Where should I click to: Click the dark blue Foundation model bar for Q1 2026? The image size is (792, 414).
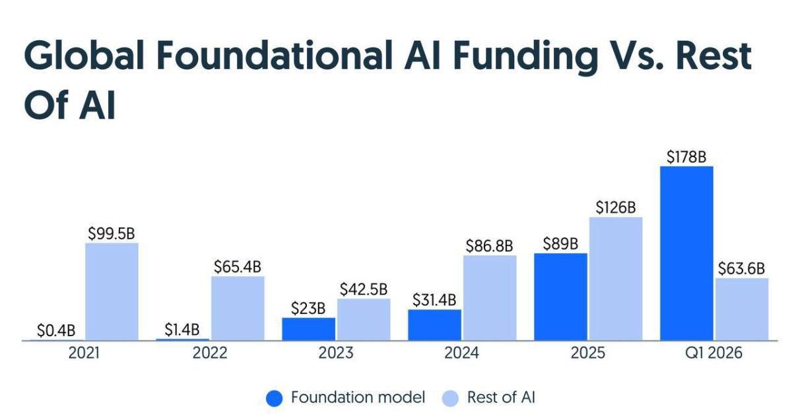[x=686, y=253]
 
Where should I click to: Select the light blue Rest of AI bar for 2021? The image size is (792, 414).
[x=112, y=291]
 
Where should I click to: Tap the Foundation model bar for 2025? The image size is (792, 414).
[x=560, y=297]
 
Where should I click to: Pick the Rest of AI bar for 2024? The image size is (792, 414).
[x=490, y=297]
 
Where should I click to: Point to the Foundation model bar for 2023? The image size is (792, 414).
[x=308, y=329]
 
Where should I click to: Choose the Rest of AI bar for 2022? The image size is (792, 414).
[x=238, y=308]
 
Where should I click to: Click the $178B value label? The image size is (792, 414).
[x=686, y=157]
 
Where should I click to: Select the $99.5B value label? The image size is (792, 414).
[x=112, y=233]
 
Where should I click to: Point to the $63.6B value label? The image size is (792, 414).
[x=741, y=268]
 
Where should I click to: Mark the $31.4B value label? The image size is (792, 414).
[x=434, y=299]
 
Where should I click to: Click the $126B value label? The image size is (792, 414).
[x=615, y=207]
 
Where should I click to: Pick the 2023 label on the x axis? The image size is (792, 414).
[x=335, y=353]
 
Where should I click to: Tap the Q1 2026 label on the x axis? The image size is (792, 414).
[x=713, y=353]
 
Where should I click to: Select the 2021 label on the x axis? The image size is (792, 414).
[x=84, y=353]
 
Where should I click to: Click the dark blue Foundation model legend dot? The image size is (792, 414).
[x=275, y=398]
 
